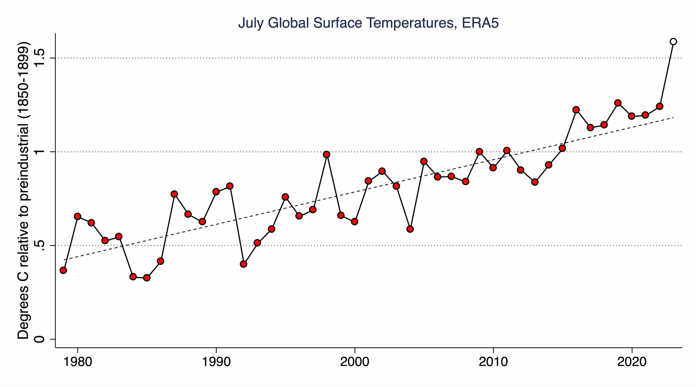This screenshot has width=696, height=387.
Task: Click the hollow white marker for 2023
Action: click(x=673, y=41)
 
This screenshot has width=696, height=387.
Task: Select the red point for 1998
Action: click(x=327, y=154)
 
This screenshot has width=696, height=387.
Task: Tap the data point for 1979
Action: click(x=63, y=270)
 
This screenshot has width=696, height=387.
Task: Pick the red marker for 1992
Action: click(x=243, y=264)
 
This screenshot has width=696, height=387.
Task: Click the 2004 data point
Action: click(x=410, y=229)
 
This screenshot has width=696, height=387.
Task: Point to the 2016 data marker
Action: click(x=576, y=110)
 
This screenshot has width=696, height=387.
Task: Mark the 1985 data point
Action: click(x=147, y=278)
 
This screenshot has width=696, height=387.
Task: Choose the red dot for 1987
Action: click(x=174, y=194)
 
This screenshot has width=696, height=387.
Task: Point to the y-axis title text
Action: click(x=23, y=191)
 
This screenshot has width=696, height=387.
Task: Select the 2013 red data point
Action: click(x=535, y=182)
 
